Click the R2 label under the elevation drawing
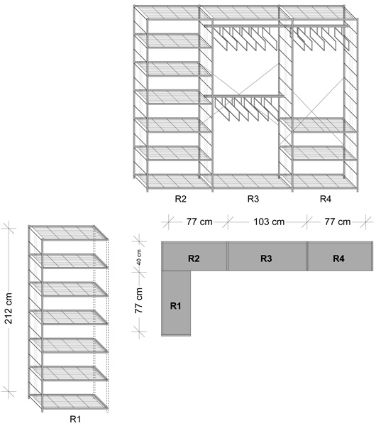[x=180, y=199]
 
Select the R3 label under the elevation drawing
[x=253, y=199]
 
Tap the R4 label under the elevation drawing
[x=325, y=199]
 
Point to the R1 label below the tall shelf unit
[x=75, y=419]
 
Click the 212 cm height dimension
[x=9, y=308]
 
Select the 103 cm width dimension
[x=269, y=222]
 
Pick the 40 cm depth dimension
[x=139, y=257]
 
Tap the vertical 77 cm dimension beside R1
[x=139, y=300]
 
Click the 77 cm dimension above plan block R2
[x=199, y=222]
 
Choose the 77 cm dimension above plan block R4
[x=338, y=222]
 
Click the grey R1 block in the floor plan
[x=176, y=303]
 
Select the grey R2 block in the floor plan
[x=194, y=256]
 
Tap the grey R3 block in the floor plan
[x=267, y=256]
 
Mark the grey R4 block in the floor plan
[x=340, y=256]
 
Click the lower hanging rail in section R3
[x=244, y=96]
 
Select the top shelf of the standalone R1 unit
[x=68, y=233]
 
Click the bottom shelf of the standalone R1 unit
[x=68, y=402]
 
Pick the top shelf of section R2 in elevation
[x=173, y=13]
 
